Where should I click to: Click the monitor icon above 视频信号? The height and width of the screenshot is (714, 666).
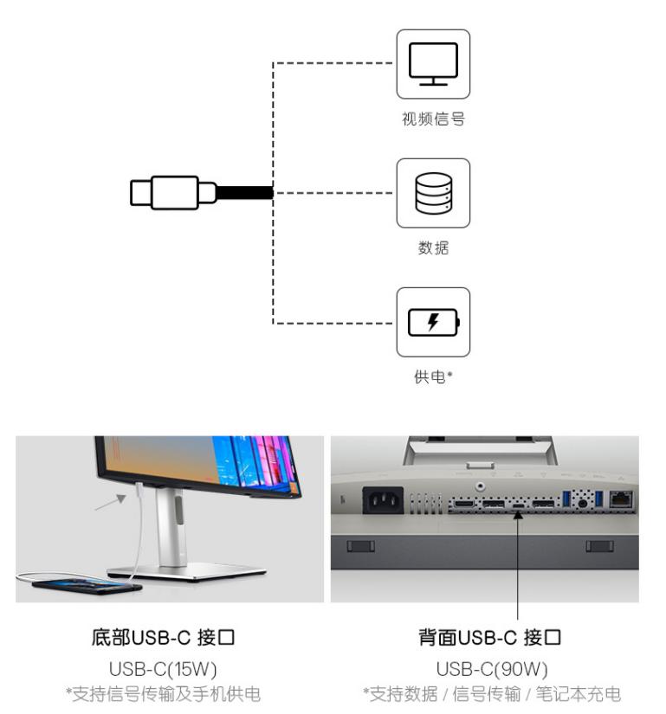pyautogui.click(x=433, y=64)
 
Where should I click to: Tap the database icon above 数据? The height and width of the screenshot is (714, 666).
pyautogui.click(x=433, y=193)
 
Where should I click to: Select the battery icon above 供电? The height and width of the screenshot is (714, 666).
pyautogui.click(x=433, y=323)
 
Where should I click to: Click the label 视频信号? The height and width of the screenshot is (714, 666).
pyautogui.click(x=433, y=119)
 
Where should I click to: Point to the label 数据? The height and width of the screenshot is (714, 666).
pyautogui.click(x=433, y=248)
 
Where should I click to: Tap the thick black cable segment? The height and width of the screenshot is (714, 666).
pyautogui.click(x=244, y=192)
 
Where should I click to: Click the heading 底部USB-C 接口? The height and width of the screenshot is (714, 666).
pyautogui.click(x=164, y=639)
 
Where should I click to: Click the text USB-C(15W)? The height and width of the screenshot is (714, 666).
pyautogui.click(x=164, y=668)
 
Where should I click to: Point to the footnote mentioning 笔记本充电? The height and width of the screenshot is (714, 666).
pyautogui.click(x=491, y=694)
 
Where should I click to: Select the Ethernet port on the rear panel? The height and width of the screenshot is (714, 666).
pyautogui.click(x=621, y=499)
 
